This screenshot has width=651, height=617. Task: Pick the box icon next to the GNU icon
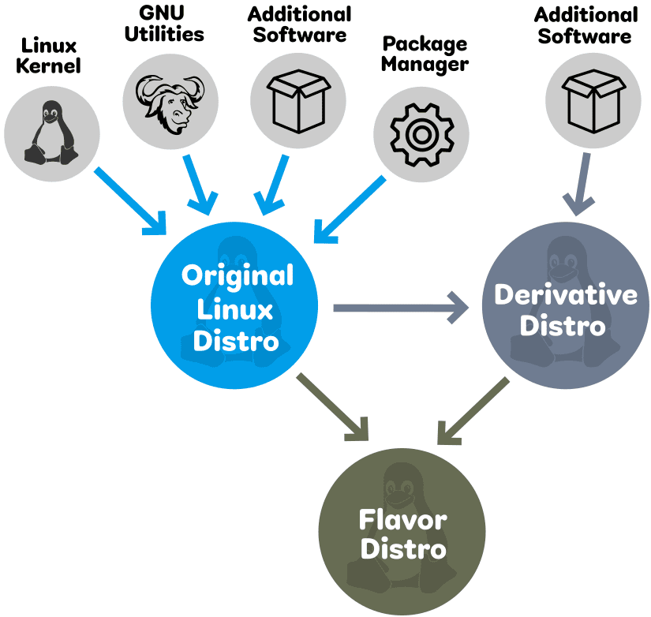pyautogui.click(x=297, y=99)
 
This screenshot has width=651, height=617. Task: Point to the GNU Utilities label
pyautogui.click(x=164, y=24)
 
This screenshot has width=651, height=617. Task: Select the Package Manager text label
pyautogui.click(x=425, y=54)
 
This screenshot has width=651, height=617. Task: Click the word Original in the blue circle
pyautogui.click(x=237, y=276)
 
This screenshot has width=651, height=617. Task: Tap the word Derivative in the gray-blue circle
pyautogui.click(x=566, y=294)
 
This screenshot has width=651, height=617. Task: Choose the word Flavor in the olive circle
pyautogui.click(x=402, y=520)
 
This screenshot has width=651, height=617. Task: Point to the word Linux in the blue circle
pyautogui.click(x=236, y=308)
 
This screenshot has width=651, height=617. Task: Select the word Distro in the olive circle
pyautogui.click(x=403, y=550)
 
